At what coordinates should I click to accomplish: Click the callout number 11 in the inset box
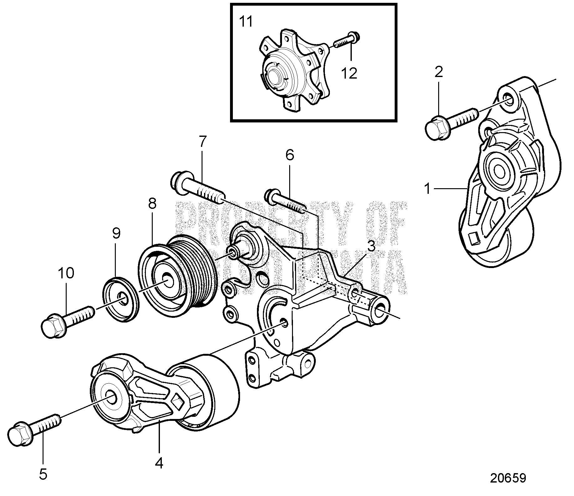click(246, 22)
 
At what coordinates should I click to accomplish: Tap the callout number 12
click(349, 73)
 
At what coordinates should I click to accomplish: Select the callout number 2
click(439, 72)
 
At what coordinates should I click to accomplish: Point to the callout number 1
click(428, 189)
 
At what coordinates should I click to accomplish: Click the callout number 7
click(203, 142)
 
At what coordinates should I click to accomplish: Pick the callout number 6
click(290, 155)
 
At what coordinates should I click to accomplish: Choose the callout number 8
click(152, 204)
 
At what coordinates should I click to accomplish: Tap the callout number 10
click(66, 273)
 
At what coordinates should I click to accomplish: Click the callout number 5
click(43, 475)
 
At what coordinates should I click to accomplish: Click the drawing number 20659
click(508, 478)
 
